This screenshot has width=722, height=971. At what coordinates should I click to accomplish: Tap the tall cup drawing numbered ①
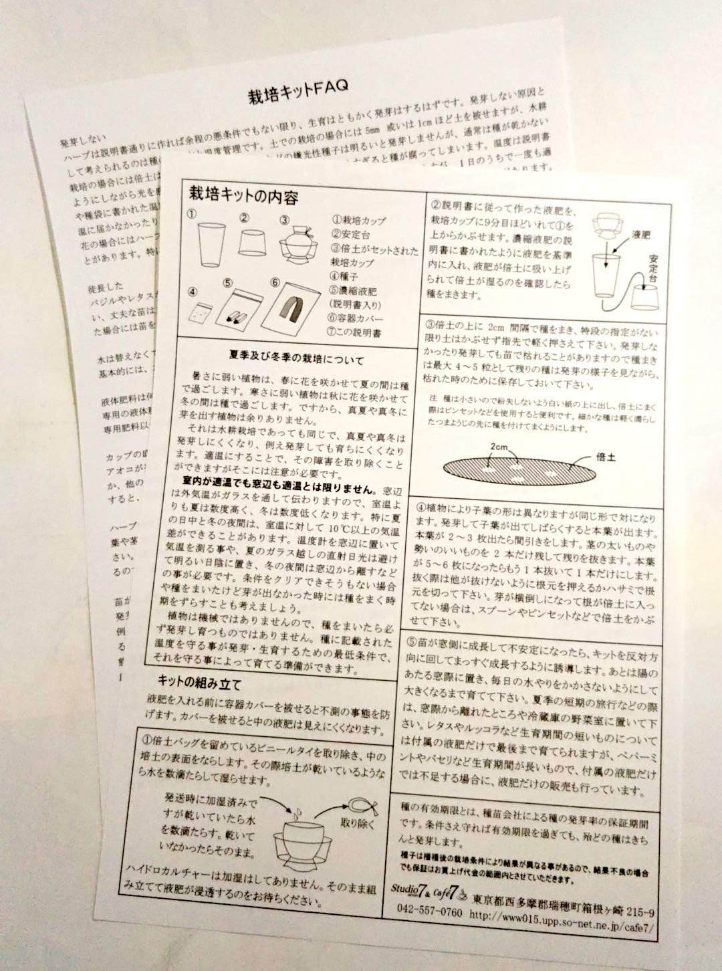213,245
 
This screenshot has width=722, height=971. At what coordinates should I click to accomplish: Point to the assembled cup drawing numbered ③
298,249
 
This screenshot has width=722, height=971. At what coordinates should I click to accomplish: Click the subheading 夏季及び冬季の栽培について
297,361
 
